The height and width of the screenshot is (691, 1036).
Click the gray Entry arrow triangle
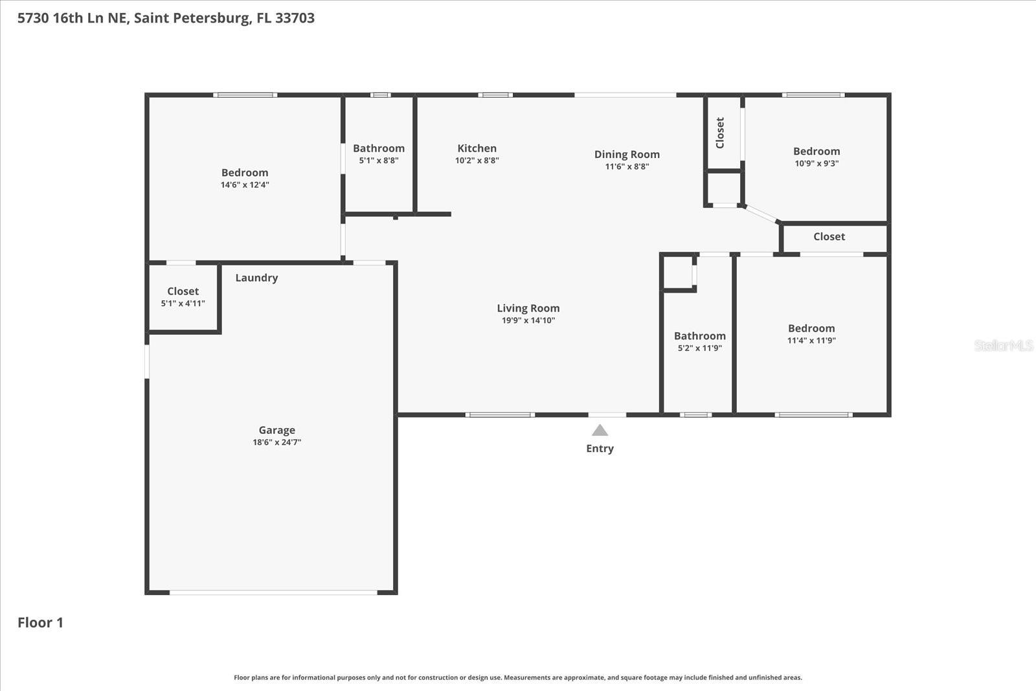point(600,431)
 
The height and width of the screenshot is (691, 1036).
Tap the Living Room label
point(528,308)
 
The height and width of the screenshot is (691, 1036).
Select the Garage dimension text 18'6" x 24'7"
point(277,442)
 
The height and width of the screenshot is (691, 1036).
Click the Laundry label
point(256,278)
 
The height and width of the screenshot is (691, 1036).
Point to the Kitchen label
point(477,148)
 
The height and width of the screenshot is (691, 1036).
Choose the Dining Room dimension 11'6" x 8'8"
point(627,166)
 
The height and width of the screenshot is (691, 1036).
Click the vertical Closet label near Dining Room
point(720,133)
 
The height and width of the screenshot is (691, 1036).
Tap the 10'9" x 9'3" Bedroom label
point(816,152)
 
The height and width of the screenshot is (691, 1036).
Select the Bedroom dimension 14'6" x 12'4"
point(245,185)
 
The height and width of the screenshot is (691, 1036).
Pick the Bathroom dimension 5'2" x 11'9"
point(699,348)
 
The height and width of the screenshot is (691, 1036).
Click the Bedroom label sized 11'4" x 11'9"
point(811,328)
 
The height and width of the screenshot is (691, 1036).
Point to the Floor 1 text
point(40,622)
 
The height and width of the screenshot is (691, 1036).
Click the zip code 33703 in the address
point(295,18)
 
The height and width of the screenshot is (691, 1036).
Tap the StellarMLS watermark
point(1003,345)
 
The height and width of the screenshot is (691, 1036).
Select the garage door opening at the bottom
point(273,592)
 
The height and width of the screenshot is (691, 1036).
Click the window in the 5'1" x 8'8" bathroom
point(380,95)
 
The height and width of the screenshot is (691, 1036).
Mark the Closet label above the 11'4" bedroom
point(829,237)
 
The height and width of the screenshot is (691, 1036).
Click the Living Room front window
point(500,414)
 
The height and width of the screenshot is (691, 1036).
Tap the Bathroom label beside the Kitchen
point(379,148)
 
